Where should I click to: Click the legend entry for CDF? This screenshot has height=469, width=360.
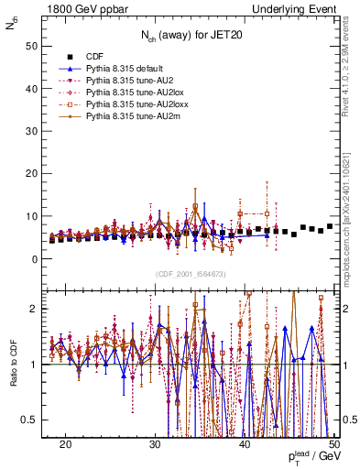pos(94,56)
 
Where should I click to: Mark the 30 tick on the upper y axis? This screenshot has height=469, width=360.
pos(37,129)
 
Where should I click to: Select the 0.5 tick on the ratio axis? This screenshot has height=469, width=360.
pos(37,420)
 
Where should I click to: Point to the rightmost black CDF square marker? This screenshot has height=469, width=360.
pos(330,226)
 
